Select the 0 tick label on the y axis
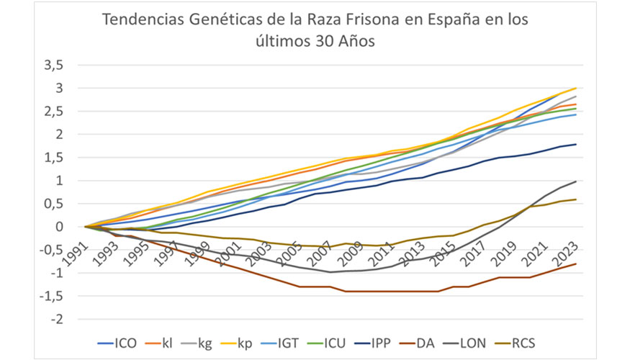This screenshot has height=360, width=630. pyautogui.click(x=61, y=227)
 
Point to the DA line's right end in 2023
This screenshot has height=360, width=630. pyautogui.click(x=575, y=264)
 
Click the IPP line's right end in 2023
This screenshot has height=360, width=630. pyautogui.click(x=575, y=145)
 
